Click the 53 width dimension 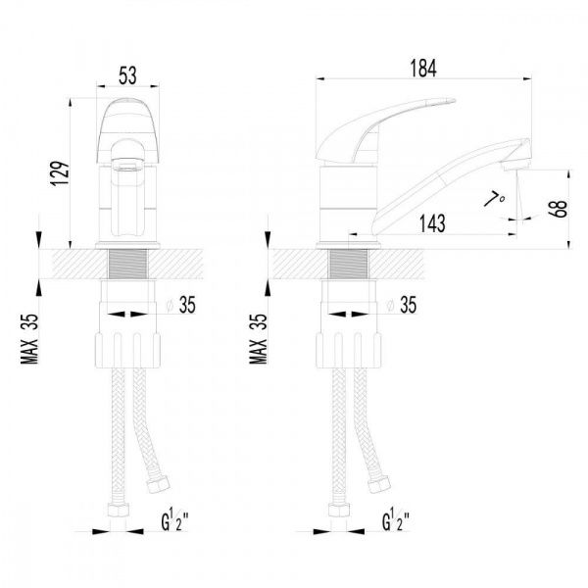(x=127, y=75)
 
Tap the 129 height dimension (x=61, y=173)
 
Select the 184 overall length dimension (x=423, y=69)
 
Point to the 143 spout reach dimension (x=432, y=223)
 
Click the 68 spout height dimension (x=559, y=210)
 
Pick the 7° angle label (x=495, y=198)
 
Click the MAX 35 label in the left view (x=29, y=339)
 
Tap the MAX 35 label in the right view (x=259, y=339)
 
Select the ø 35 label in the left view (x=181, y=305)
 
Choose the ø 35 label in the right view (x=402, y=305)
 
